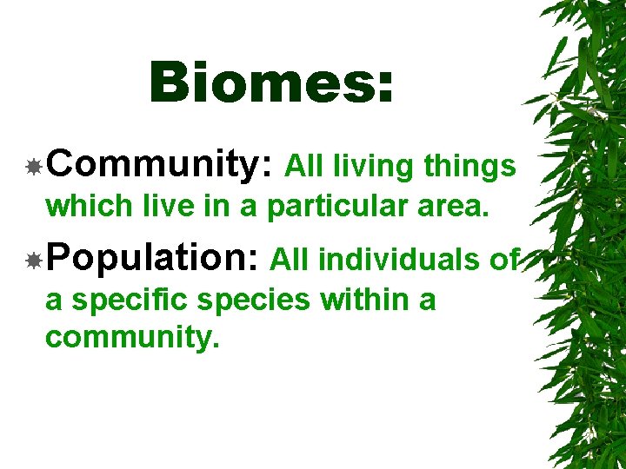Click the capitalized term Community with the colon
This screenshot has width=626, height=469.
162,164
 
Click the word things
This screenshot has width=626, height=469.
469,166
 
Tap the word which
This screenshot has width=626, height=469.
85,207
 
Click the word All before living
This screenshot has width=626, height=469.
305,165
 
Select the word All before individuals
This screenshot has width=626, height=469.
290,259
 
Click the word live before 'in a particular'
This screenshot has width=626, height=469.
151,207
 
